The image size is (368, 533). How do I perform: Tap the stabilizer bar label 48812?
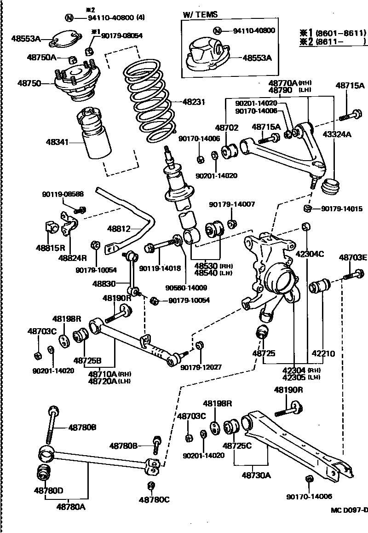119,228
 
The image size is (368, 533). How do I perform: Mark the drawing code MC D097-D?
349,510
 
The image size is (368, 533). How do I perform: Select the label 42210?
323,354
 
